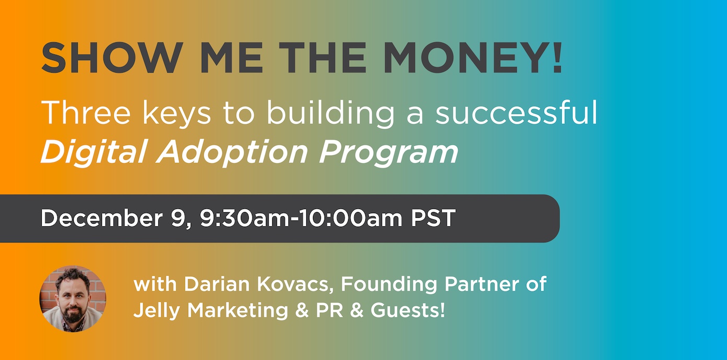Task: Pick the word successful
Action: (516, 112)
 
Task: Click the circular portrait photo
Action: (73, 299)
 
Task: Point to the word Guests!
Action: (408, 311)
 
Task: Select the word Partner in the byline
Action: (480, 285)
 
